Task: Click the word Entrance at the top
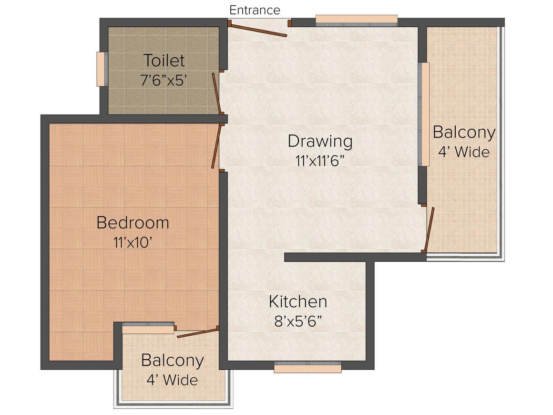tap(255, 10)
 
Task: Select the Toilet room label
tap(164, 61)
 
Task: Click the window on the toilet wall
tap(101, 69)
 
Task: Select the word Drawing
tap(320, 141)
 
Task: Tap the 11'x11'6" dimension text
tap(320, 161)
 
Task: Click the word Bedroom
tap(133, 223)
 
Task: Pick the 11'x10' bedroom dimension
tap(133, 242)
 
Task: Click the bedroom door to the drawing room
tap(217, 146)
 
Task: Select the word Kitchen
tap(298, 302)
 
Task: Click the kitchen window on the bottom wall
tap(308, 368)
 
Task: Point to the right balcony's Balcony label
tap(464, 132)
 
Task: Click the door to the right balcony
tap(430, 229)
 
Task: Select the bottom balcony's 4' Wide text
tap(172, 380)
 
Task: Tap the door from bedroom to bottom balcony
tap(197, 332)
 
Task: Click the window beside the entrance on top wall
tap(357, 20)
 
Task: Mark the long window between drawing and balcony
tap(424, 114)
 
